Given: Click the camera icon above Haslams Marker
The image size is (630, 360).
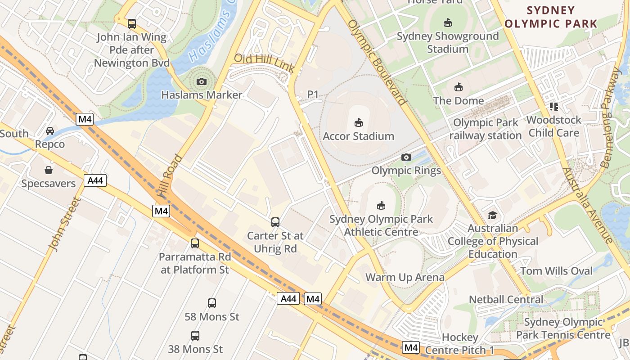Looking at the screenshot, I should [202, 81].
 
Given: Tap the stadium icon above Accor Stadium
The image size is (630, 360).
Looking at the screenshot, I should [359, 122].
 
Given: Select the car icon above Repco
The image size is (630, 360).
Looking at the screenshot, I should [50, 131].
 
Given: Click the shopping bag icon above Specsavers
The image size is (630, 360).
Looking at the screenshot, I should [49, 170].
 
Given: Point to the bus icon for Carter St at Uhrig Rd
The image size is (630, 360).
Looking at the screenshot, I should [275, 222].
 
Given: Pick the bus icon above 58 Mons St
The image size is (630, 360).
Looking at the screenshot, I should [212, 303].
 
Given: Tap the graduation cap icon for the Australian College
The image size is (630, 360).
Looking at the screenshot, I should [492, 215].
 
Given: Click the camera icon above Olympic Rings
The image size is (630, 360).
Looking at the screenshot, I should [406, 157].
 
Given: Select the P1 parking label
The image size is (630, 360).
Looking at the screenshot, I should [313, 94].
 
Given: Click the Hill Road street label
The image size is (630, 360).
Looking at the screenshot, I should [171, 176].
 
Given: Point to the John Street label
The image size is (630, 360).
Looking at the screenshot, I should [63, 224].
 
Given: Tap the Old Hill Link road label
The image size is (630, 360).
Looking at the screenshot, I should [264, 63].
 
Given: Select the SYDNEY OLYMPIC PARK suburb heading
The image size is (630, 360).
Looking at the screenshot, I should [551, 17].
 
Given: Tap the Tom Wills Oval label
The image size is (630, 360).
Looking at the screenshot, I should [557, 271].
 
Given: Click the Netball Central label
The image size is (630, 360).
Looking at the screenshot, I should [506, 299].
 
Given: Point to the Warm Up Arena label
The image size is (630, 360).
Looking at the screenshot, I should [405, 277].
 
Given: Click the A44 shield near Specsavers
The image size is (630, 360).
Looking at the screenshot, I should [95, 181].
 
